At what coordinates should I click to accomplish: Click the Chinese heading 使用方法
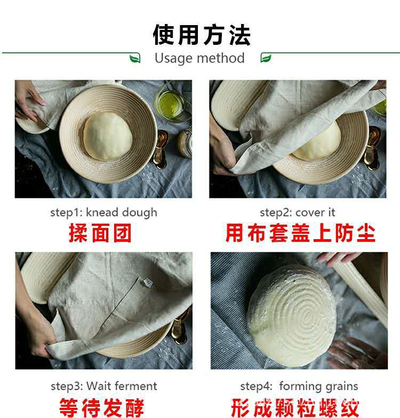[202, 35]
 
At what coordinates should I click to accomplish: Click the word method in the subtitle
[221, 58]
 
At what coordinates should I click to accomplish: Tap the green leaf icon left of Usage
[135, 58]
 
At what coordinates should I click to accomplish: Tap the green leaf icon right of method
[266, 58]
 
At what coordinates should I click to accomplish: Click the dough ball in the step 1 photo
[108, 136]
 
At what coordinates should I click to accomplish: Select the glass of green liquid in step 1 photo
[171, 101]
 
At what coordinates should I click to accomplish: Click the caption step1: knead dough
[103, 212]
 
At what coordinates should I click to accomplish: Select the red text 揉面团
[100, 233]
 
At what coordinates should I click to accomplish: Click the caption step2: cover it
[297, 212]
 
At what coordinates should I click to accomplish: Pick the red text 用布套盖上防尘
[300, 233]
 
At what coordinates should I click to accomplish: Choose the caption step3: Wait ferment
[104, 387]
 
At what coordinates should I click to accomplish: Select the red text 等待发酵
[102, 408]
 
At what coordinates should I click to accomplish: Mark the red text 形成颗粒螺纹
[295, 408]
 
